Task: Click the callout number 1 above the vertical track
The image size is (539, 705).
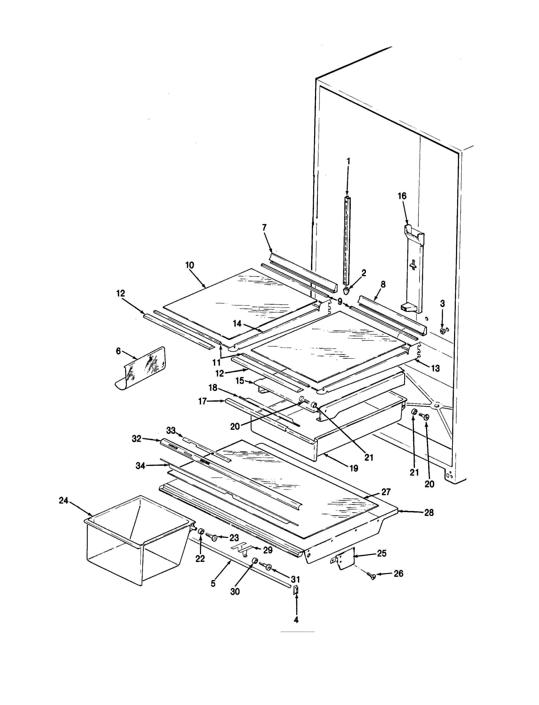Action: (348, 161)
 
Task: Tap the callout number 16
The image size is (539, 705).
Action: (402, 196)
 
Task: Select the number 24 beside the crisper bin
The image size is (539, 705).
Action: (64, 500)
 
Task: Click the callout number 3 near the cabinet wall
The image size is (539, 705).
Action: (442, 303)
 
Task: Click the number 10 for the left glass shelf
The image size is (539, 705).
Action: (190, 265)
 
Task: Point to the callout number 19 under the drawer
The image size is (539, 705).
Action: (354, 468)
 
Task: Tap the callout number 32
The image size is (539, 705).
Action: (136, 439)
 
